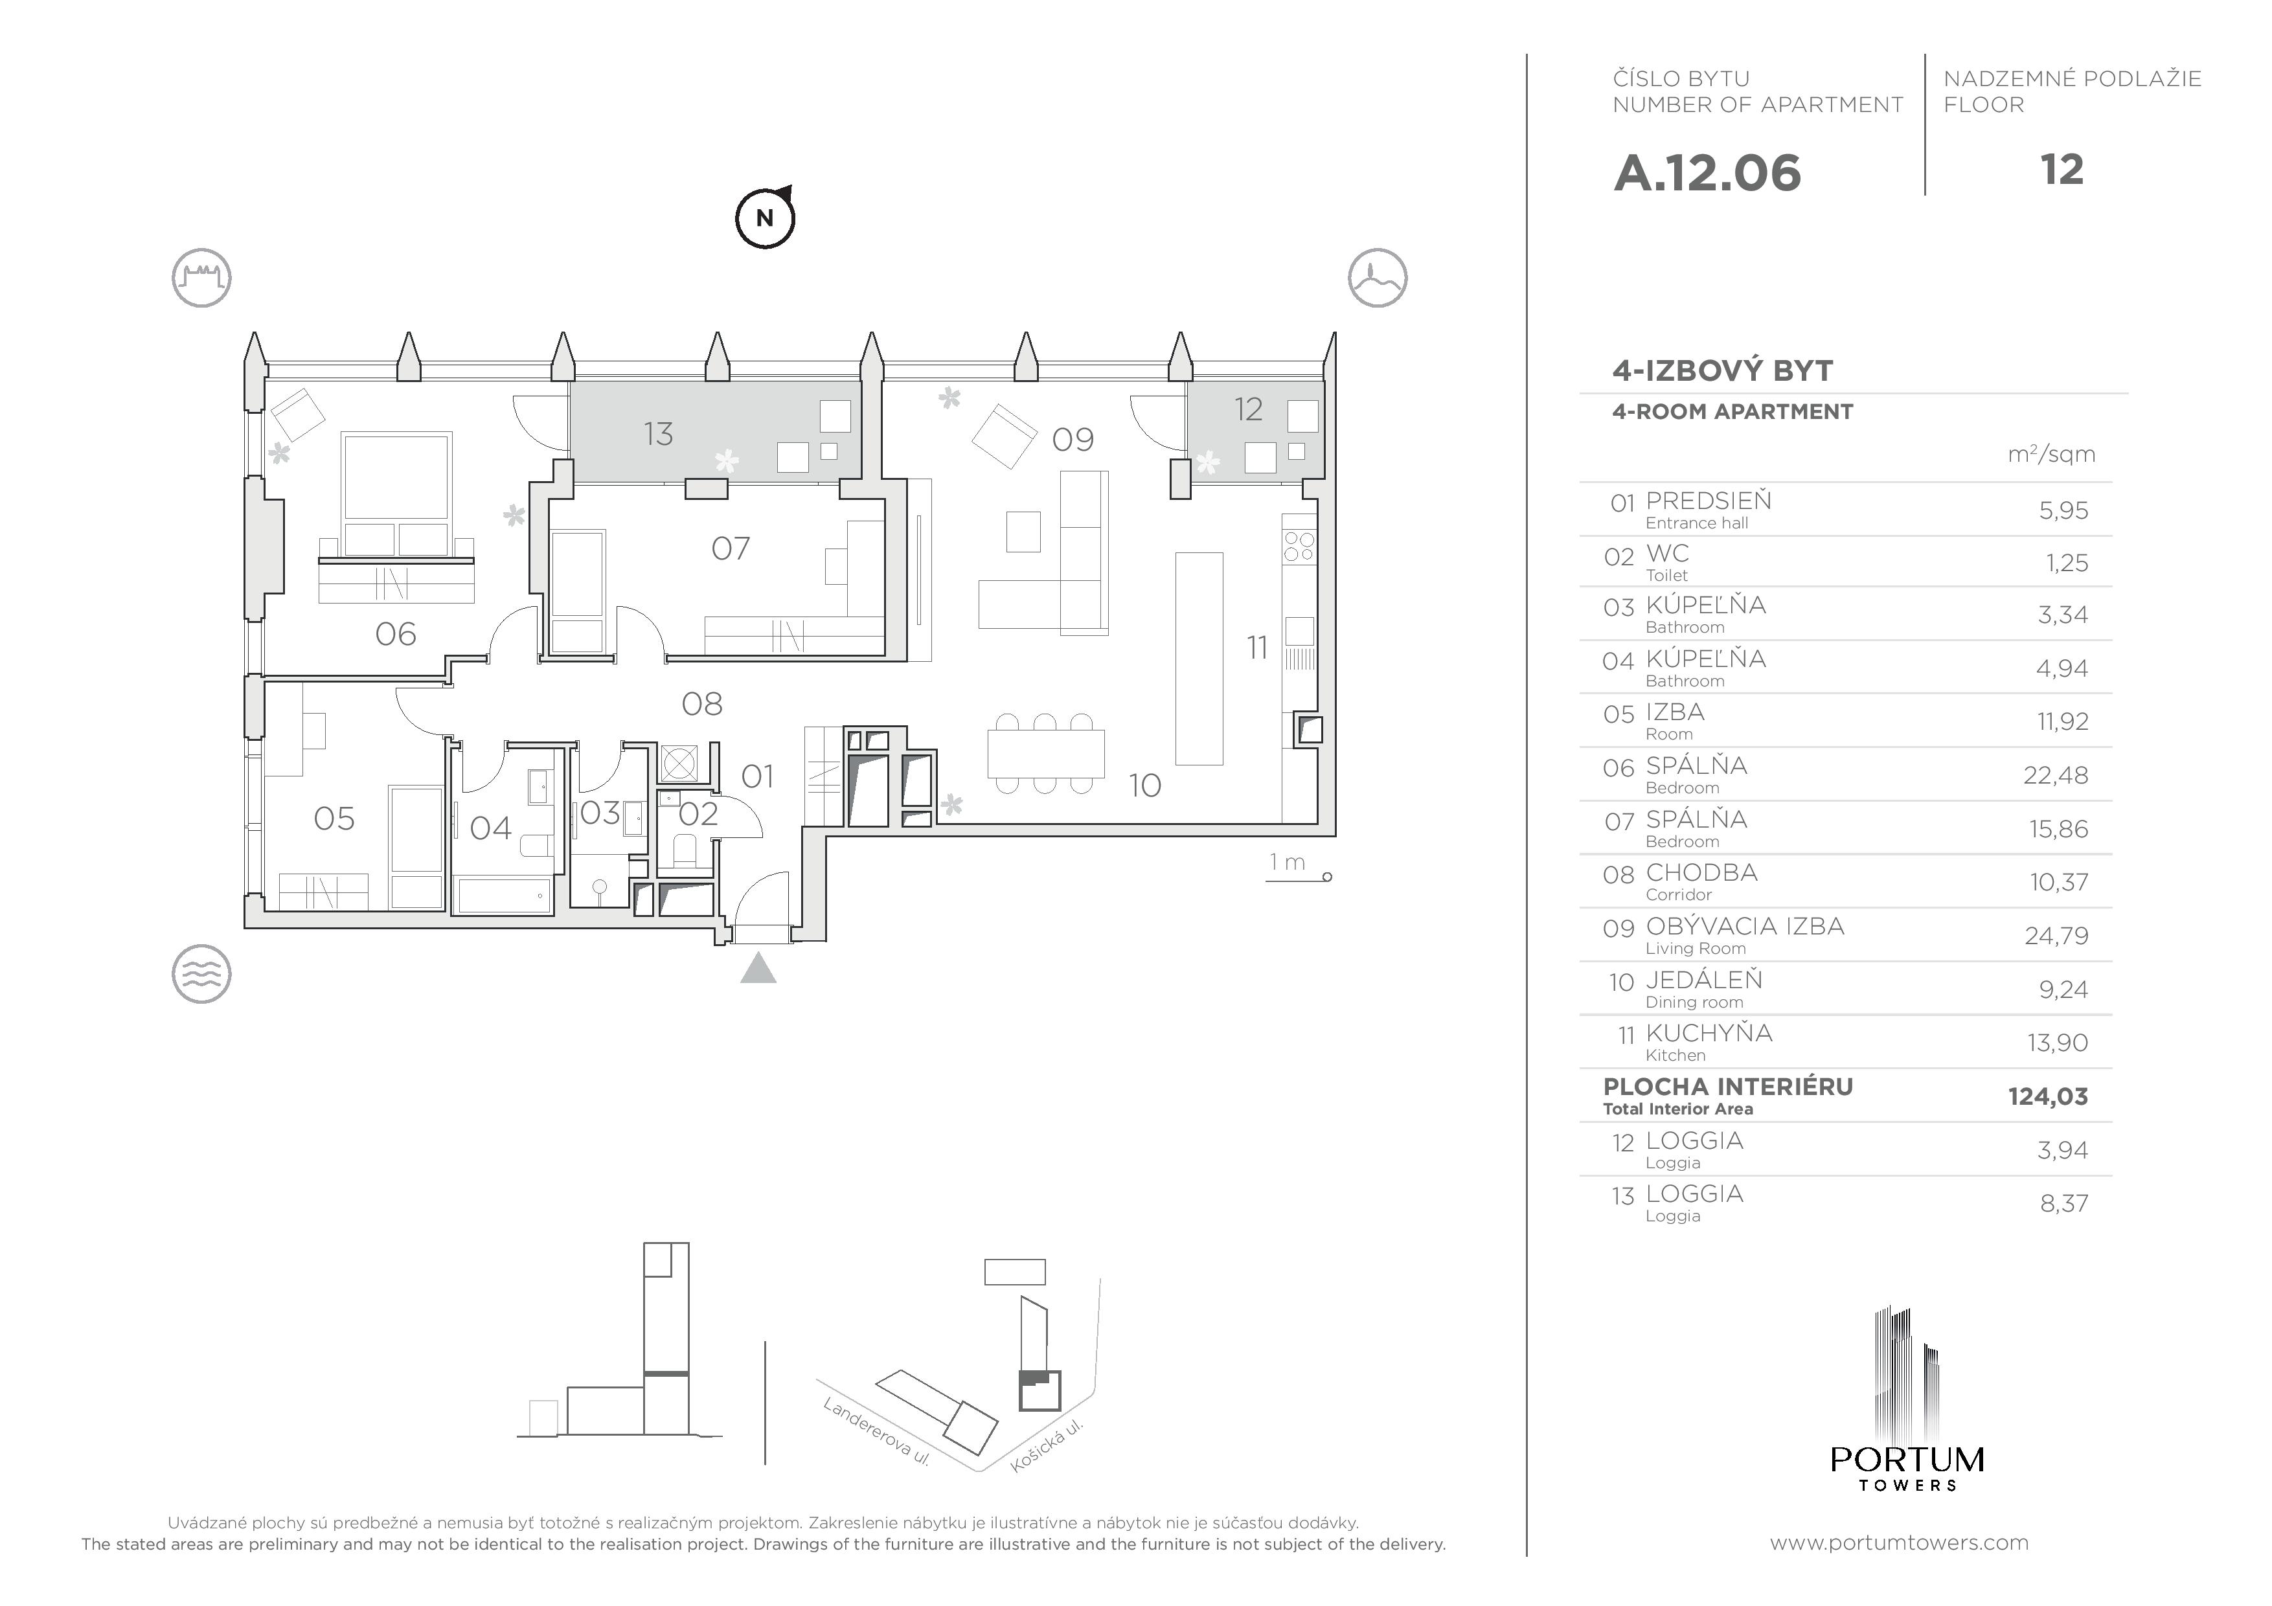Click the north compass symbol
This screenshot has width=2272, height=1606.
[765, 218]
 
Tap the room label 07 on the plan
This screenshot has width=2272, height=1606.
[731, 549]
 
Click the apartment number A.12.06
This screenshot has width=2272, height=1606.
[1707, 173]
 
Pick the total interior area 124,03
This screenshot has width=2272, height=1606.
[2047, 1096]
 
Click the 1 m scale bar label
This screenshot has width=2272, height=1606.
[1288, 862]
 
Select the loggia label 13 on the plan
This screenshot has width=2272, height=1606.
[658, 433]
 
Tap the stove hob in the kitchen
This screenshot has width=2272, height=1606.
[1299, 546]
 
